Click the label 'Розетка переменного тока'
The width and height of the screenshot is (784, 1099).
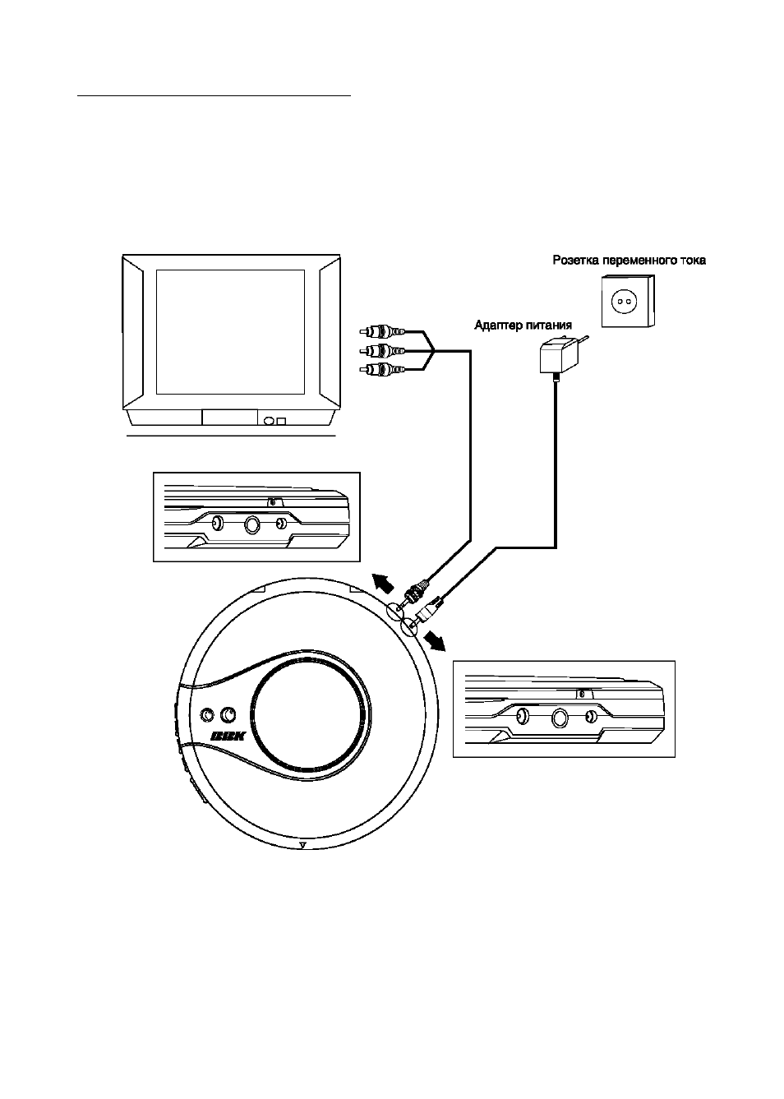tap(629, 260)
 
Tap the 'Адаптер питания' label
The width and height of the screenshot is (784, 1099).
tap(523, 325)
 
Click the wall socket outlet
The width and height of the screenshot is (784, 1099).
tap(628, 300)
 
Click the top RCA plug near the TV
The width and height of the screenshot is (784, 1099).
tap(382, 332)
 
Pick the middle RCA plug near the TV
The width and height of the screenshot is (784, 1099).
tap(382, 350)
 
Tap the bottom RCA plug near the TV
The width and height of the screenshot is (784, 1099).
tap(382, 369)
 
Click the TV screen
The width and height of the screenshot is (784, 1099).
tap(230, 331)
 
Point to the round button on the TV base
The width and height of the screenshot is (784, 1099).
tap(269, 421)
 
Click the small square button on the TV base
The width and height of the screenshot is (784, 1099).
tap(281, 421)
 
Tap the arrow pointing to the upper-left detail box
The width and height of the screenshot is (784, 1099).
tap(383, 581)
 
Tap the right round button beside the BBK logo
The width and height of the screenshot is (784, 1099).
tap(228, 715)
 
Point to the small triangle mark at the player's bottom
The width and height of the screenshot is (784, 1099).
tap(302, 844)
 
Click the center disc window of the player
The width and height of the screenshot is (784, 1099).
tap(310, 713)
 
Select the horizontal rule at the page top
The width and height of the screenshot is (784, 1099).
tap(214, 96)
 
